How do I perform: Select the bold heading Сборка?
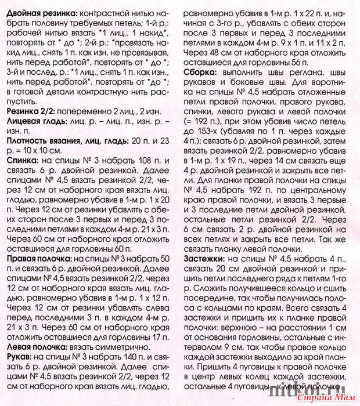tap(203, 71)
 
